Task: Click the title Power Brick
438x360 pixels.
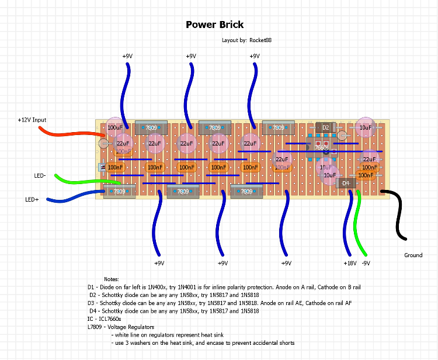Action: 214,25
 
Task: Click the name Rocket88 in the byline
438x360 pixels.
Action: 260,40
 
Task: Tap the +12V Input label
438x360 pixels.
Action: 32,120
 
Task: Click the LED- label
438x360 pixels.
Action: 40,175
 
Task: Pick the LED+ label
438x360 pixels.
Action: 32,199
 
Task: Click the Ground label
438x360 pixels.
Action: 413,255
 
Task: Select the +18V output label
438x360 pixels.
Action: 349,264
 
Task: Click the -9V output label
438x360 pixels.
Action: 366,264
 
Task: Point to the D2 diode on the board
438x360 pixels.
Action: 326,127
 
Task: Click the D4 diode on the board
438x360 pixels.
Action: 346,184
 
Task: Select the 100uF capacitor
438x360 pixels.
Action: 115,127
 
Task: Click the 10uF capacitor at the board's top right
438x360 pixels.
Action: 366,127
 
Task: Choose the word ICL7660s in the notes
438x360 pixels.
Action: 109,320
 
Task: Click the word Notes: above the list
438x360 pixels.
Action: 112,281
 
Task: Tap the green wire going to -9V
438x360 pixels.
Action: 360,222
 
